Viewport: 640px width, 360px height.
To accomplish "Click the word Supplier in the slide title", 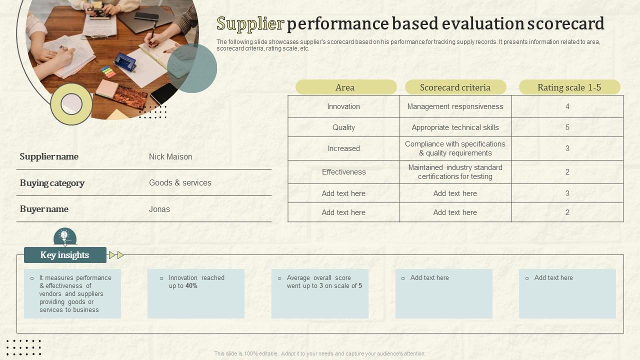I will [x=250, y=24].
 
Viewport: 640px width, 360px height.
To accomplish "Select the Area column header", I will [x=345, y=87].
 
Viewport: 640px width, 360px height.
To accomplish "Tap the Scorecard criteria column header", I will [x=455, y=87].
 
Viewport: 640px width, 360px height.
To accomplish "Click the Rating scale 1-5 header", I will [x=569, y=87].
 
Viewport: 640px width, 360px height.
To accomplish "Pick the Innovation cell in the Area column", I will [x=343, y=106].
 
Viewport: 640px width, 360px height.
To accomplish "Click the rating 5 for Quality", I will [x=567, y=127].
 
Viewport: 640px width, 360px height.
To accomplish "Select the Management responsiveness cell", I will [x=455, y=106].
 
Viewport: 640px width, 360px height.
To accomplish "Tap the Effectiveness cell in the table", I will [x=343, y=172].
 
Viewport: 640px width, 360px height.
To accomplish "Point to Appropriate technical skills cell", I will [x=455, y=127].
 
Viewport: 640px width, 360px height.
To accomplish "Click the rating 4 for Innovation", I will [x=567, y=106].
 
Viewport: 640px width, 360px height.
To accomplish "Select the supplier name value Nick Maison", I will [x=170, y=156].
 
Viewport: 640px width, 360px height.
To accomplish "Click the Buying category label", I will [x=52, y=183].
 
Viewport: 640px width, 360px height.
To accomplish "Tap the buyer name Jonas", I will [x=159, y=209].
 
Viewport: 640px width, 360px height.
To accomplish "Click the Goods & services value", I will [x=180, y=183].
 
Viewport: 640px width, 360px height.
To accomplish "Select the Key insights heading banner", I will [x=65, y=255].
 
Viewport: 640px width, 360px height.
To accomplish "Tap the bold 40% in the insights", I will [x=191, y=286].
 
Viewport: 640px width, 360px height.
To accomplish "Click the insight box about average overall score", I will [x=320, y=293].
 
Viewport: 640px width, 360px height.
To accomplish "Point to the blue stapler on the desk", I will [x=124, y=62].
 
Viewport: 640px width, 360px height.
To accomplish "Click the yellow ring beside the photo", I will [x=71, y=104].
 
